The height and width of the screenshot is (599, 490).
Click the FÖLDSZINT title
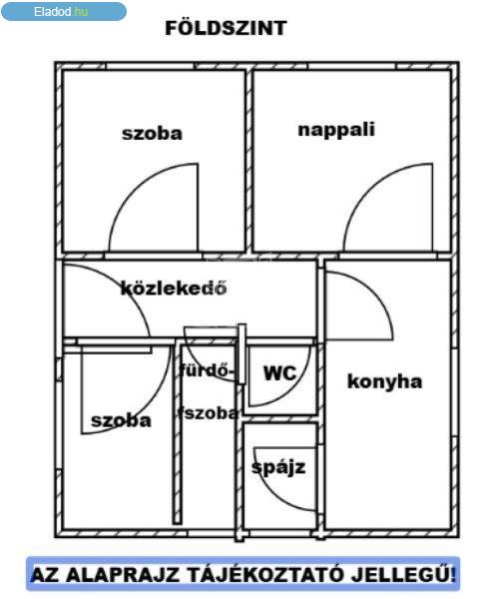coord(226,28)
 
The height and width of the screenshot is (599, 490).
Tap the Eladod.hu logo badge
coord(64,11)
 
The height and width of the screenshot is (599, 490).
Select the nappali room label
coord(336,130)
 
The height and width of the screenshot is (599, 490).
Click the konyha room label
coord(384,381)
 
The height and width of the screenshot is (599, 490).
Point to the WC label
coord(279,372)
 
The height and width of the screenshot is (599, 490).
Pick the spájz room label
coord(278,467)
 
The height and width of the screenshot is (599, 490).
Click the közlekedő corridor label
coord(174,288)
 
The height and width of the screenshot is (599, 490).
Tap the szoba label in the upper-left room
coord(152,134)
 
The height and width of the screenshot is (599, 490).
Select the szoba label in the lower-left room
coord(121,420)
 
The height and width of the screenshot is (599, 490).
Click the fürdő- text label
coord(207,370)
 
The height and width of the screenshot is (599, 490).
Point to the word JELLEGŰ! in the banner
coord(403,574)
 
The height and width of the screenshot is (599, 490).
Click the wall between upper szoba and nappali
coord(248,161)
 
